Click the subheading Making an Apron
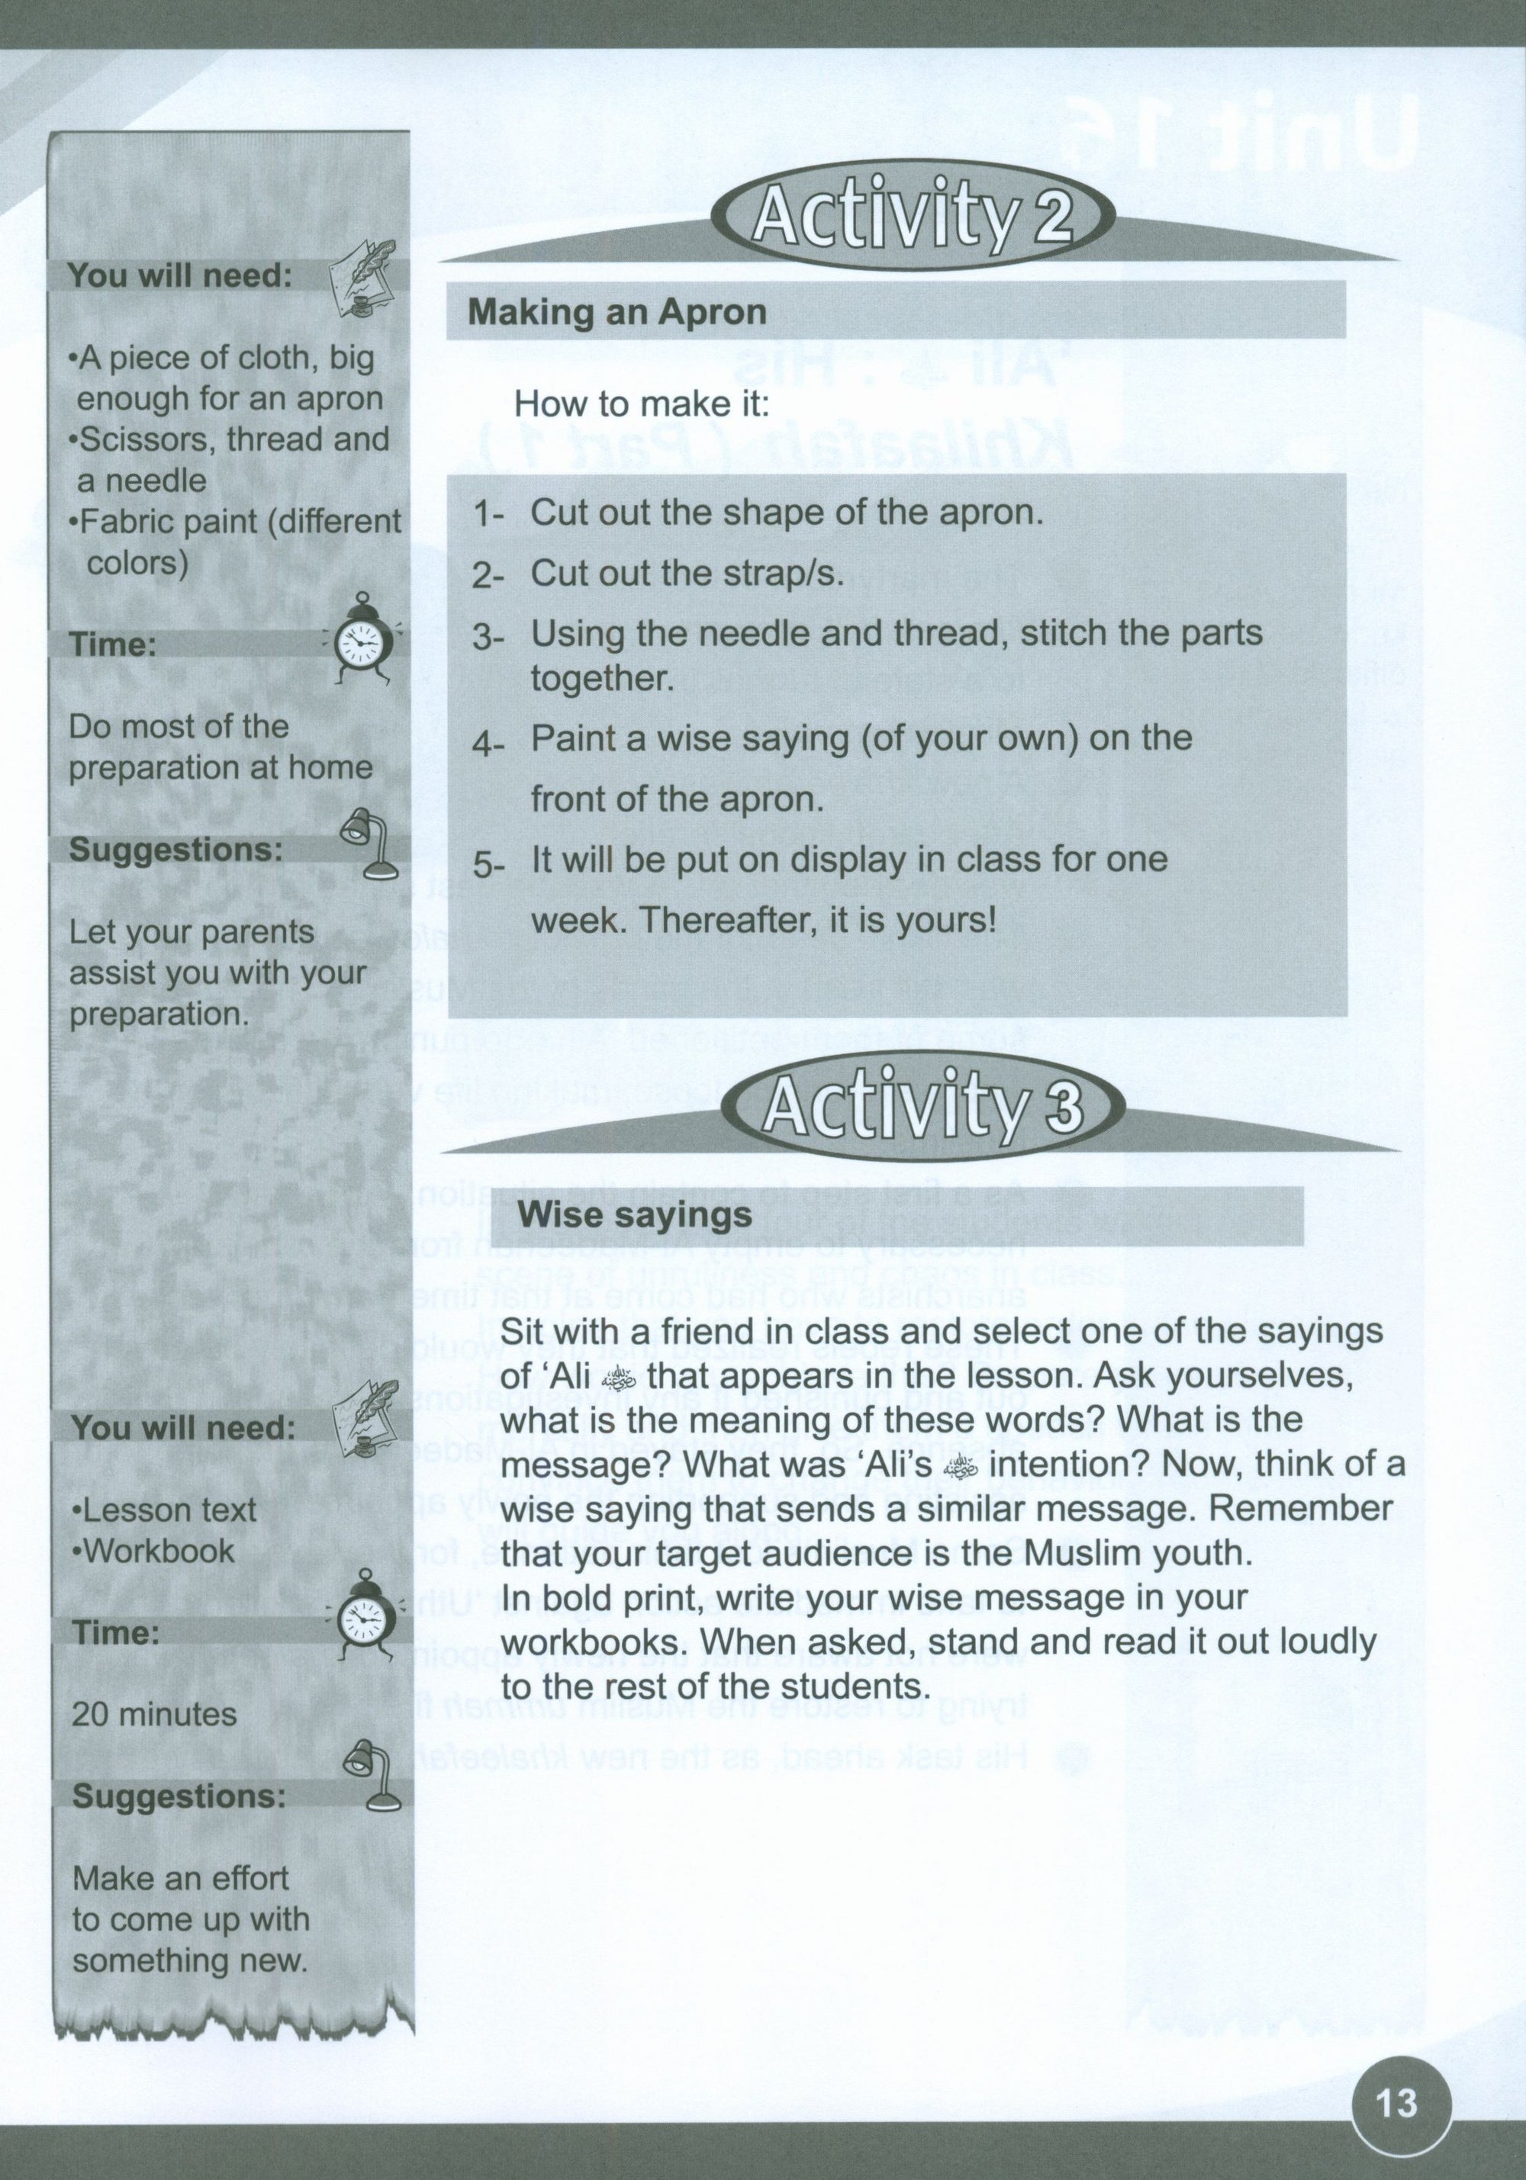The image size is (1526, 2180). (x=617, y=313)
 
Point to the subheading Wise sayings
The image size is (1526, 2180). (x=636, y=1214)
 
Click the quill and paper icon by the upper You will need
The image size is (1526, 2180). (x=360, y=275)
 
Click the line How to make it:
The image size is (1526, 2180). (x=641, y=406)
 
